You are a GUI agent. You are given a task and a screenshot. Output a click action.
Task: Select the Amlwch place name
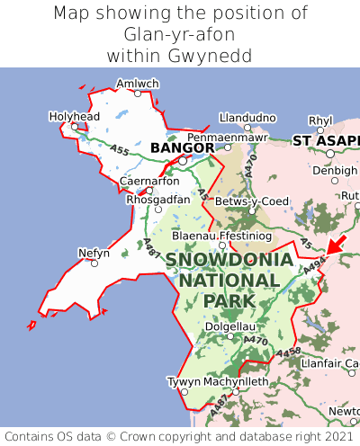(137, 84)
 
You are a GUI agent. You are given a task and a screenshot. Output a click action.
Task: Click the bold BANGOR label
(182, 147)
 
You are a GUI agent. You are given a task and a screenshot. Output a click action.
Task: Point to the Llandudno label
(247, 118)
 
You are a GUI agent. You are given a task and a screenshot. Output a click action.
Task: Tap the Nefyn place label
(94, 253)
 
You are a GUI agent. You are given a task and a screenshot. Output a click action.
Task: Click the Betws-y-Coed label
(256, 201)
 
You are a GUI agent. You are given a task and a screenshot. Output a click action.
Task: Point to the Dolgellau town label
(230, 326)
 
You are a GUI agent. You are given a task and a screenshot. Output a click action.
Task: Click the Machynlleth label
(236, 381)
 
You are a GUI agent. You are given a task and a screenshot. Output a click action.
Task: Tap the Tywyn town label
(184, 381)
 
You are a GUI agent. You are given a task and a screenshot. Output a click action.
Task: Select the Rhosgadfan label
(158, 200)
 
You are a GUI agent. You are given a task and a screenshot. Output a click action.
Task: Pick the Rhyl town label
(320, 120)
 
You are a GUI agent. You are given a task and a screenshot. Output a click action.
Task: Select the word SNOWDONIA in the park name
(229, 260)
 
